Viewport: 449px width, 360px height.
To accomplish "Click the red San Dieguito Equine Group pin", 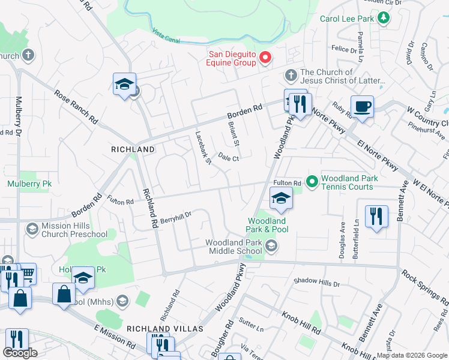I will click(265, 58).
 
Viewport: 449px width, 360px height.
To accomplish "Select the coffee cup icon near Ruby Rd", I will click(362, 107).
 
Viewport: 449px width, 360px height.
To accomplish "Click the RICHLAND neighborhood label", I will click(133, 149).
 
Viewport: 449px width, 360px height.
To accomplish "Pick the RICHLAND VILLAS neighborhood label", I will click(164, 329).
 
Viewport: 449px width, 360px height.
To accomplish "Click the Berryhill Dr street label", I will click(175, 215).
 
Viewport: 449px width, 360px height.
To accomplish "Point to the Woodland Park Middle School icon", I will click(271, 245).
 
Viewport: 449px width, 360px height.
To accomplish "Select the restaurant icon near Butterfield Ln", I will click(376, 216).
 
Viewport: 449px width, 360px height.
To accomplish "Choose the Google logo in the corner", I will click(20, 353).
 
